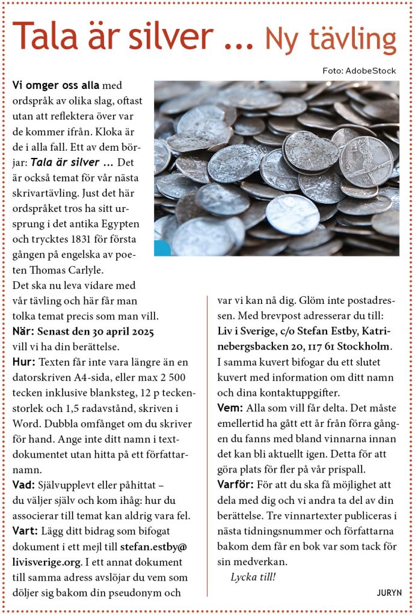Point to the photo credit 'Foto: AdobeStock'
(359, 71)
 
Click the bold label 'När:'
(23, 332)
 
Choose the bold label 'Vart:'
(25, 532)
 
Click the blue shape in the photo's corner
(161, 248)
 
